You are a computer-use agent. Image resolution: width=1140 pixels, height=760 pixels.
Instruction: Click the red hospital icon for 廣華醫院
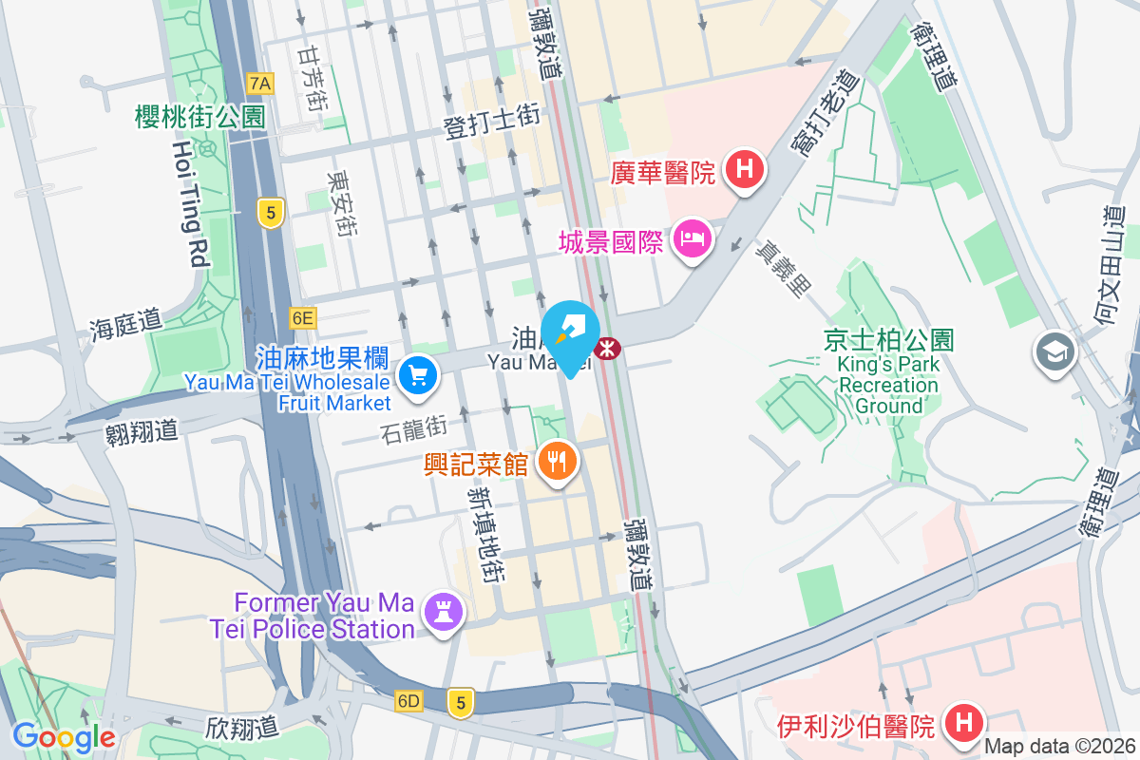click(x=745, y=170)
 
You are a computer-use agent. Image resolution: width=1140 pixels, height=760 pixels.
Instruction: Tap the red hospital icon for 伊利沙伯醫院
click(x=963, y=723)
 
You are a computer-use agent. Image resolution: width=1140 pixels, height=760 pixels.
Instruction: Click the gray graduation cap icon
click(x=1054, y=352)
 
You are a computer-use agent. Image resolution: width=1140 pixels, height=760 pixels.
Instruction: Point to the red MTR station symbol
click(x=606, y=349)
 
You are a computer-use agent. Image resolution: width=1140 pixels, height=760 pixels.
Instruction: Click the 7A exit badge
click(x=259, y=84)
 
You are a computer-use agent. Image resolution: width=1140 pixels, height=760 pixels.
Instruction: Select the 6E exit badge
click(x=303, y=317)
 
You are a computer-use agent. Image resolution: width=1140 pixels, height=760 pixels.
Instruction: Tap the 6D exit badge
click(x=408, y=701)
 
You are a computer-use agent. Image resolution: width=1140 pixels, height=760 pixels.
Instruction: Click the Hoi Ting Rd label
click(x=191, y=203)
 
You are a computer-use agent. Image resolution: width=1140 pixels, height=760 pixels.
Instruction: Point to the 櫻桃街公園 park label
click(x=199, y=117)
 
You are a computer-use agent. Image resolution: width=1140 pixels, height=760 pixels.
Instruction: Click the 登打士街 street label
click(x=492, y=122)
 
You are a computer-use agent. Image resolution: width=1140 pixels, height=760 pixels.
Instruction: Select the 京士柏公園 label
click(x=888, y=339)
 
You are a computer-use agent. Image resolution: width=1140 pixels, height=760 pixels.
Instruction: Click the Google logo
click(x=64, y=736)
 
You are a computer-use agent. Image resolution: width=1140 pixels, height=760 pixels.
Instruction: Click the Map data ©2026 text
click(x=1060, y=747)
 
